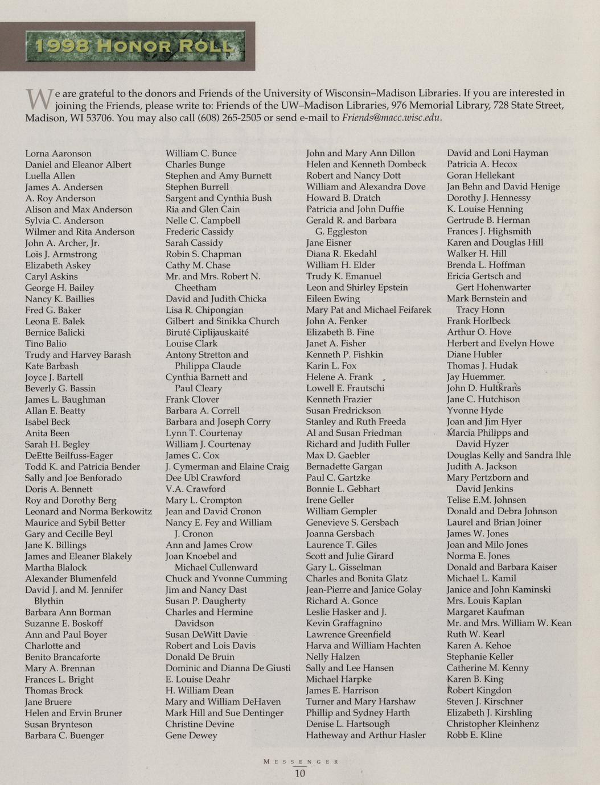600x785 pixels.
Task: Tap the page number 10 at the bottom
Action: tap(300, 773)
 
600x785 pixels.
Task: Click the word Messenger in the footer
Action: tap(301, 761)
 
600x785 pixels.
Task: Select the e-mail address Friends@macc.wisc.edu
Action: tap(392, 118)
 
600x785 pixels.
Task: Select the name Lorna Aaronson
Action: tap(58, 154)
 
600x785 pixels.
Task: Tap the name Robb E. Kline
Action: tap(474, 735)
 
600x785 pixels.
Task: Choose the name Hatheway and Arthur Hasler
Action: tap(365, 735)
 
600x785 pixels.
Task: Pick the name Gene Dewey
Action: tap(191, 736)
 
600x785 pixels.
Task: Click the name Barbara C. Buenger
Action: tap(64, 736)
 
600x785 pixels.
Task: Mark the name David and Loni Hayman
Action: tap(497, 153)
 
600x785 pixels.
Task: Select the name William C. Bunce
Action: tap(201, 154)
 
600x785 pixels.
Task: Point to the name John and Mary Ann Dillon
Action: tap(360, 153)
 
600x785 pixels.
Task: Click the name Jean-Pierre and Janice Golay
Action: tap(364, 590)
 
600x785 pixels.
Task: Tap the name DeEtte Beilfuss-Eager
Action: tap(69, 456)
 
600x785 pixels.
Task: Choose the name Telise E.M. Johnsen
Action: tap(486, 500)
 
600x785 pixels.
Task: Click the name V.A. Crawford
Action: tap(195, 489)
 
